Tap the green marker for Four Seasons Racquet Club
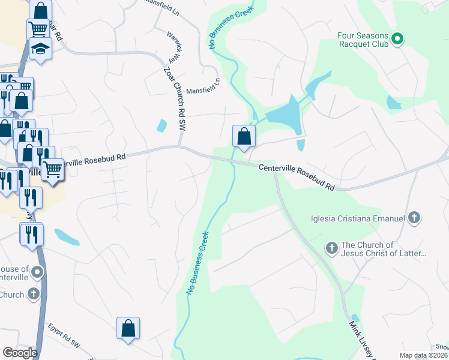point(397,40)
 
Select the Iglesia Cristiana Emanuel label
point(358,218)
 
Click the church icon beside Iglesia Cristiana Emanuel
point(414,218)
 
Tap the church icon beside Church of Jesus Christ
point(331,248)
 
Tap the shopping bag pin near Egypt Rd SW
point(128,329)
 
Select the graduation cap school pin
point(41,49)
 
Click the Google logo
point(20,353)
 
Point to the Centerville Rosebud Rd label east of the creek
point(297,177)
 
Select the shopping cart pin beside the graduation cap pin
point(38,29)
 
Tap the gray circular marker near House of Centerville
point(37,273)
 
